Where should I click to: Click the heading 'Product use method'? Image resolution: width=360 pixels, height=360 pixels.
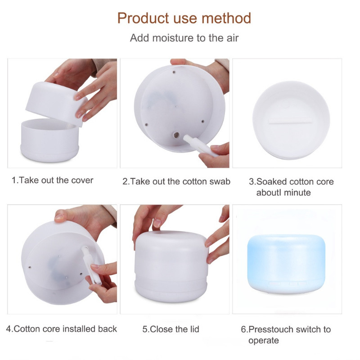[x=184, y=18]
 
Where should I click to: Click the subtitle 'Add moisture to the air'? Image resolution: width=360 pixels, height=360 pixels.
[x=184, y=38]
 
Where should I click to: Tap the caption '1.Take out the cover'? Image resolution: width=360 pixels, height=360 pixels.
[x=52, y=180]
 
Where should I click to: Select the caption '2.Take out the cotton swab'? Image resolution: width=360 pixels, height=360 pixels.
[x=176, y=182]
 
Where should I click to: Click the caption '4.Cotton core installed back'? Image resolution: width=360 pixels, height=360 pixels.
[x=61, y=329]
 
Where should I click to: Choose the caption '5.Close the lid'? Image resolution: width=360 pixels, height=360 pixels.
[x=171, y=329]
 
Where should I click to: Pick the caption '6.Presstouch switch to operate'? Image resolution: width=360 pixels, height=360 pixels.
[x=285, y=335]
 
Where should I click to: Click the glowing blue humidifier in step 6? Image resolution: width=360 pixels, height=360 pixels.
[x=286, y=263]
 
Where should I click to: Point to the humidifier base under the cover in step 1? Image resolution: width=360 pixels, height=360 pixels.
[x=49, y=142]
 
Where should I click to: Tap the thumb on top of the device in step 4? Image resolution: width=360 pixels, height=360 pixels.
[x=60, y=216]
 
